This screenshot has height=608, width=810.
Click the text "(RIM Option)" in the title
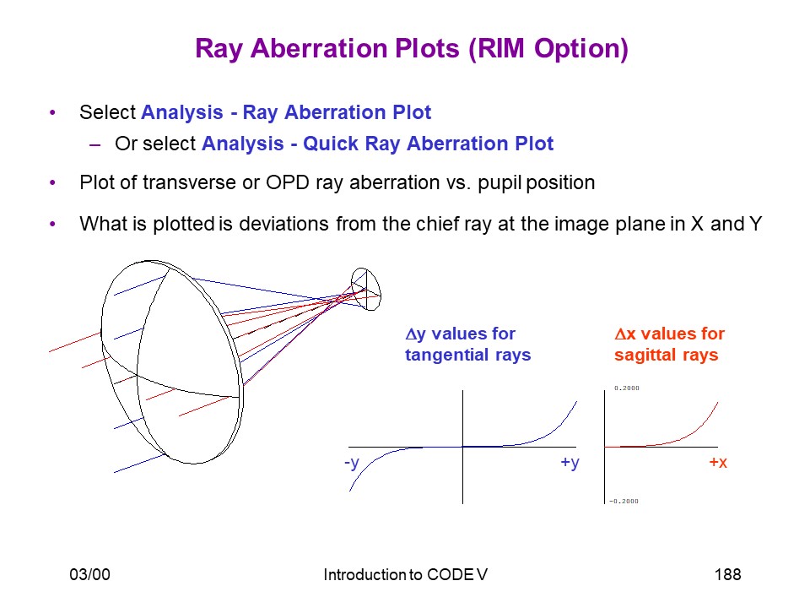click(x=548, y=50)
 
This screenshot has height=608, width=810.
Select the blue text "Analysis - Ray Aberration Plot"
click(x=286, y=112)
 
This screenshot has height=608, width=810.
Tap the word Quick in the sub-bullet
click(x=331, y=144)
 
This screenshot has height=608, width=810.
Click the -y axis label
click(x=351, y=462)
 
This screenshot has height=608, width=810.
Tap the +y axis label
click(x=570, y=462)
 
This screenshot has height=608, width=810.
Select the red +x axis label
click(x=718, y=462)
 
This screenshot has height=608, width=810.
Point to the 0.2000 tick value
click(x=627, y=388)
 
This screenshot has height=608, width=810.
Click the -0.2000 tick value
click(x=624, y=501)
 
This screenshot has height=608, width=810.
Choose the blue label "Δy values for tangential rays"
click(x=467, y=345)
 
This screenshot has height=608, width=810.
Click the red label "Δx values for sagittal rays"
click(x=669, y=345)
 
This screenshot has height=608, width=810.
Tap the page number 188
click(x=727, y=574)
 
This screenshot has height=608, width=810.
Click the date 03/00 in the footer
click(x=90, y=574)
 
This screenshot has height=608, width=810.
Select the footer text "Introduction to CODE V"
click(x=406, y=574)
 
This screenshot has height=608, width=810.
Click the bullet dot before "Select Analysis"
click(x=52, y=112)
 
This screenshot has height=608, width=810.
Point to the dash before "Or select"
click(x=94, y=145)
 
